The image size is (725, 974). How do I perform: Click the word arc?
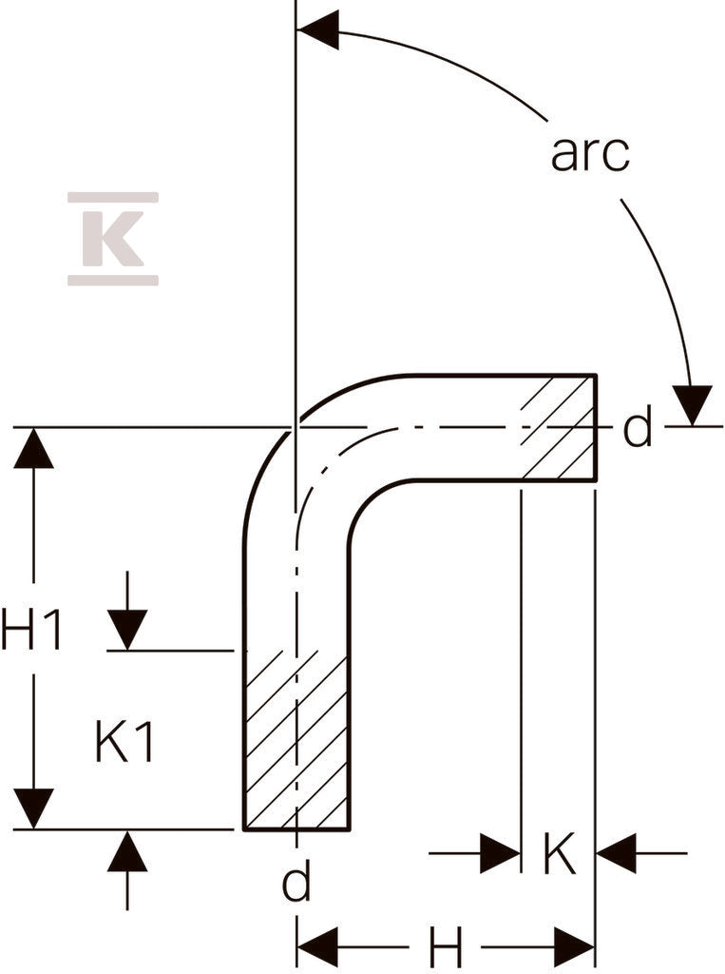(x=590, y=153)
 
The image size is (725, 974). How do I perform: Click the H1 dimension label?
(x=31, y=629)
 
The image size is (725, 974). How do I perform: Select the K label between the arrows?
(x=560, y=854)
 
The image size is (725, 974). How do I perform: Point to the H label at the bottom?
(x=447, y=948)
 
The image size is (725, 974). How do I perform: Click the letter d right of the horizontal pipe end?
(x=638, y=427)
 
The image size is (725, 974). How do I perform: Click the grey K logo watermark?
(x=113, y=239)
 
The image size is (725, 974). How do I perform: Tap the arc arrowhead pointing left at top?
(x=317, y=29)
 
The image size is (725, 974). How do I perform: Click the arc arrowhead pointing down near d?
(x=692, y=405)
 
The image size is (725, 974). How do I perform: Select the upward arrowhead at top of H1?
(x=33, y=448)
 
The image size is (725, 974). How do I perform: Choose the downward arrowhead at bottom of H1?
(x=33, y=808)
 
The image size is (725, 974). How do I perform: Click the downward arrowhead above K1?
(x=127, y=630)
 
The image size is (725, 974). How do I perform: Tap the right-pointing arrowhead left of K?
(x=501, y=853)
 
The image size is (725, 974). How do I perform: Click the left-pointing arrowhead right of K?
(x=617, y=853)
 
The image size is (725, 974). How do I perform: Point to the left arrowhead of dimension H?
(x=317, y=947)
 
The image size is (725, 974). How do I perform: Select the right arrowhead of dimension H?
(x=574, y=947)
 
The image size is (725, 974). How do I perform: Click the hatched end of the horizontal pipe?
(x=559, y=427)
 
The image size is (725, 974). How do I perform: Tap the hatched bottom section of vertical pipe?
(x=296, y=740)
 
